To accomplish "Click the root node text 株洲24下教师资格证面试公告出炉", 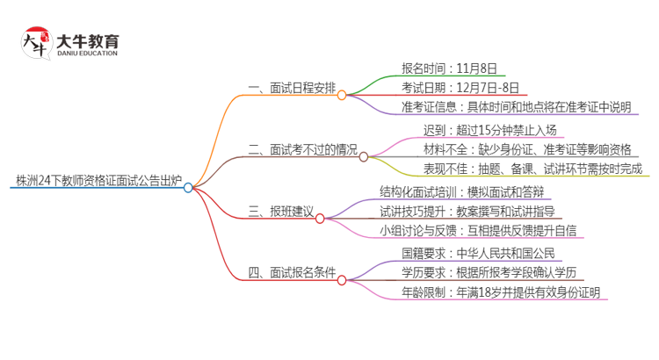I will [98, 182].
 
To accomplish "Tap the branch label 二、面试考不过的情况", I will [303, 150].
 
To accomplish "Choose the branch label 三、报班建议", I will [280, 212].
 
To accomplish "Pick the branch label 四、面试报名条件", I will [292, 272].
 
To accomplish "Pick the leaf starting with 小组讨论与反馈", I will [466, 231].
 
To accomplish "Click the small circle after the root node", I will [188, 187].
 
